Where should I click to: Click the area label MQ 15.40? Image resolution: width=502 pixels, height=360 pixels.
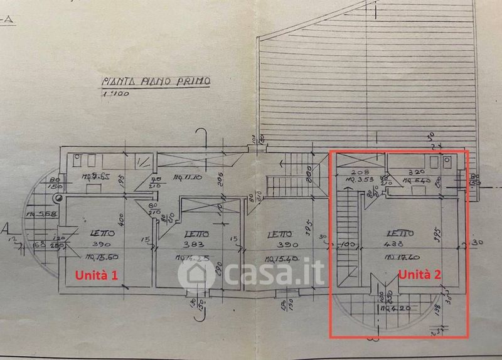[280, 258]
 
